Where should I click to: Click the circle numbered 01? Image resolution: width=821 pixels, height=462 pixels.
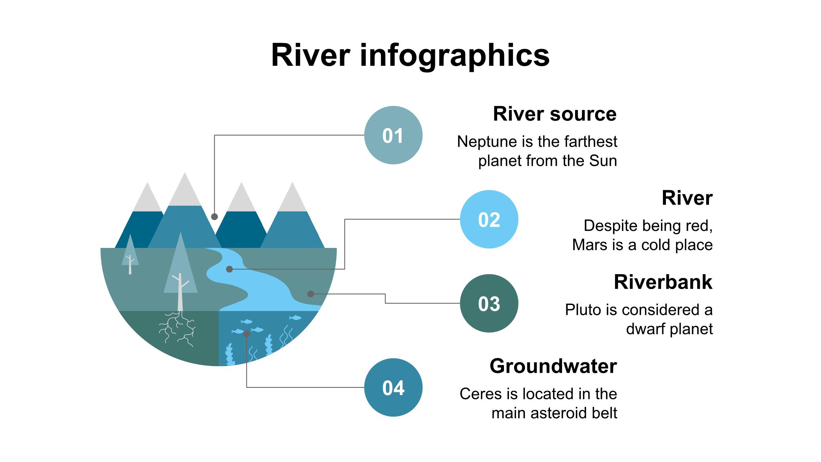point(393,135)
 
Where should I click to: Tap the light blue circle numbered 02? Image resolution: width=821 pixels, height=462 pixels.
point(489,219)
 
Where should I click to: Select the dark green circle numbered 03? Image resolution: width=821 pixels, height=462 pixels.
point(489,303)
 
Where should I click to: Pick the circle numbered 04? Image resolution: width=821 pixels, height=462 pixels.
point(393,387)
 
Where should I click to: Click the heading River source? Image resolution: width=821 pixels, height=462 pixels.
point(555,114)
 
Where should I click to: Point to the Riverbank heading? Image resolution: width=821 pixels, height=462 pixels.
point(663,282)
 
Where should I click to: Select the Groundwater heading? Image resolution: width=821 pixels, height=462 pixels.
point(553,366)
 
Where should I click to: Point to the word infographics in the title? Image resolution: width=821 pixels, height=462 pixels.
point(455,56)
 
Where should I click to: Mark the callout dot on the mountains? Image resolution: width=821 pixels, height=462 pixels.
point(214,217)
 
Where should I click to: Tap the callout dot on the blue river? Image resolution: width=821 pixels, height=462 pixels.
point(229,269)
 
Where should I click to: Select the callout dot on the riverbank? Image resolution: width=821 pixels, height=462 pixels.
point(311,294)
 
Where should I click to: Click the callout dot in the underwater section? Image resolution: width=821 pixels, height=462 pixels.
point(247,334)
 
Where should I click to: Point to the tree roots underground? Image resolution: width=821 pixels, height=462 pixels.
point(177,329)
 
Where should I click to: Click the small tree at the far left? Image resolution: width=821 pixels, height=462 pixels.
point(130,254)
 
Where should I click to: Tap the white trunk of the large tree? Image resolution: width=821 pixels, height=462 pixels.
point(180,293)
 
